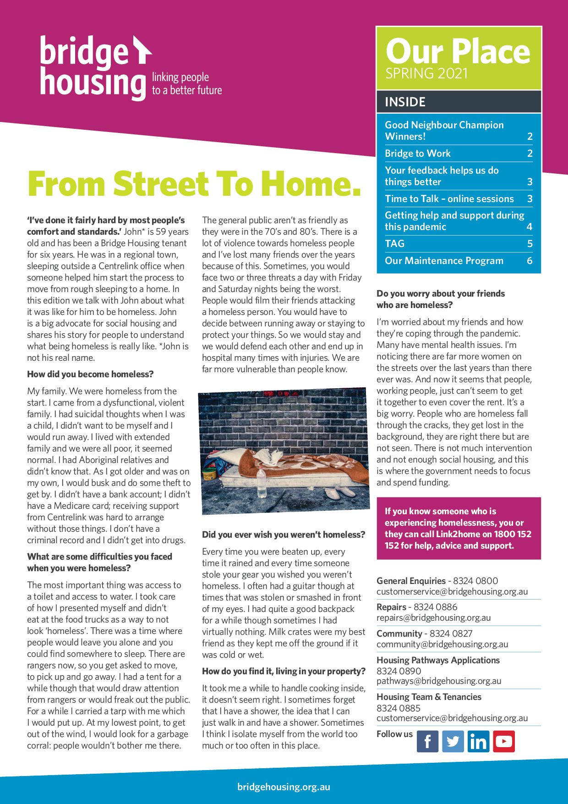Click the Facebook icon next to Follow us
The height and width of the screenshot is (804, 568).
click(x=427, y=741)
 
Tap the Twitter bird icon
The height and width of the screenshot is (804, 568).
click(x=453, y=741)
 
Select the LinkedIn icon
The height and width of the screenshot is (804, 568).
click(x=478, y=741)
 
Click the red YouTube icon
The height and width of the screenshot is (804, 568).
click(x=504, y=741)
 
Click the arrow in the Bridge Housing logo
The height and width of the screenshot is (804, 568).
click(x=142, y=50)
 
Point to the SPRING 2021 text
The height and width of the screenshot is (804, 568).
click(x=426, y=73)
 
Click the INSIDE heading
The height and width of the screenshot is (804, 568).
click(x=405, y=102)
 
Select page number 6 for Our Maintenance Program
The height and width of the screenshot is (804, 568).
click(x=530, y=261)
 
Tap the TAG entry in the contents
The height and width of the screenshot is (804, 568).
click(x=395, y=244)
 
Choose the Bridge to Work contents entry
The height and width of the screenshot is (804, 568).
click(x=418, y=154)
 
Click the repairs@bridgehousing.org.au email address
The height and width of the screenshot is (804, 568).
click(x=433, y=618)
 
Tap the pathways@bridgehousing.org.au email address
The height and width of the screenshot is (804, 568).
click(x=439, y=681)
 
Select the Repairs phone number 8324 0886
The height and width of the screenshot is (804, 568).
click(x=435, y=607)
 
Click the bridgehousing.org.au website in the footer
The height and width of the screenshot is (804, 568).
click(x=284, y=787)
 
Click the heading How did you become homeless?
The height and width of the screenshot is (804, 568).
click(x=90, y=374)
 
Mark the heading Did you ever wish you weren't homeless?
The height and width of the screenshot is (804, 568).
click(x=284, y=535)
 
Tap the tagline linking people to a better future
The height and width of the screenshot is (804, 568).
click(x=187, y=84)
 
